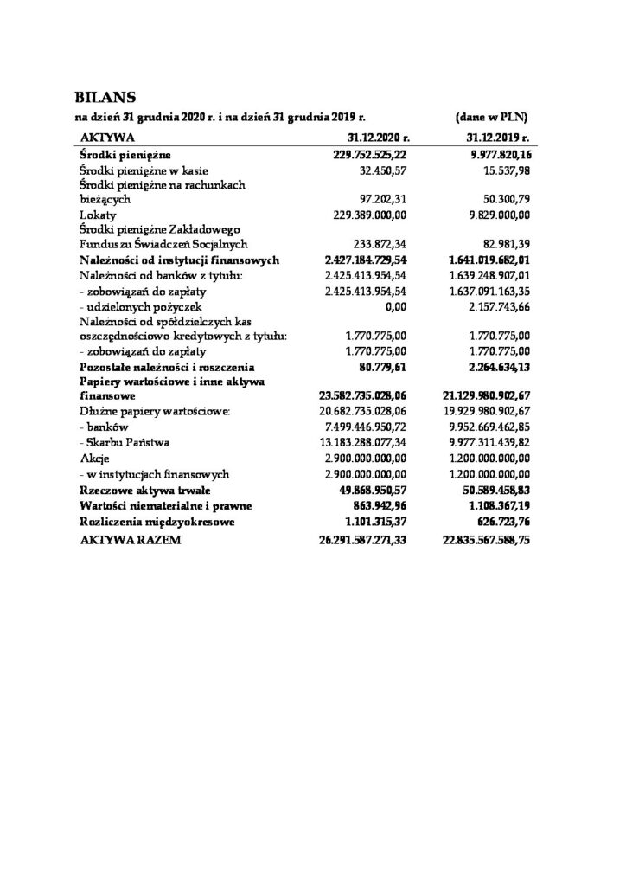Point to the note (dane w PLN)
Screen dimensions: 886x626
click(491, 116)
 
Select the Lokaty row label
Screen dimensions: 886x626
click(94, 215)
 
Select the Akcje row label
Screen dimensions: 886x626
click(93, 458)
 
